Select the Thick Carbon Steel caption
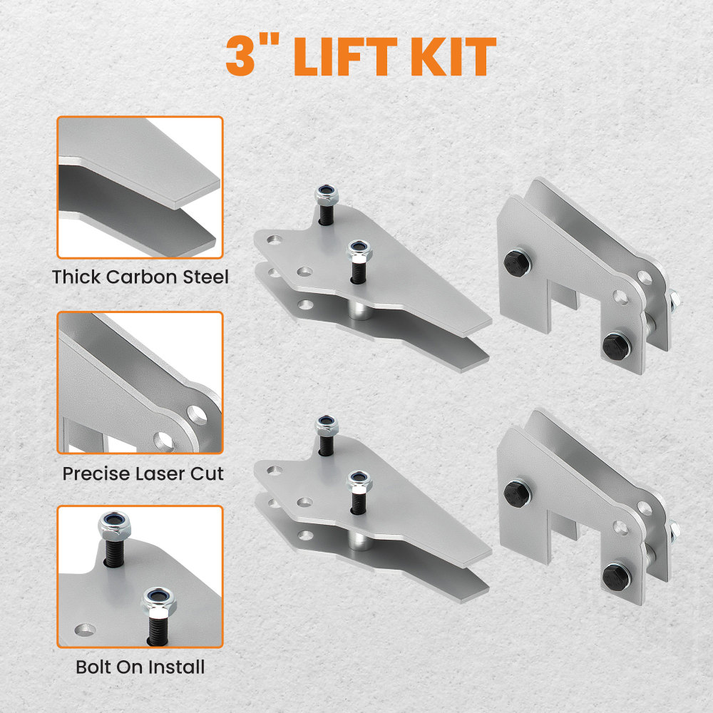point(140,277)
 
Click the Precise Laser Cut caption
point(143,473)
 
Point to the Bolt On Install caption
point(140,667)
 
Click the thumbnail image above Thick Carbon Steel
point(140,188)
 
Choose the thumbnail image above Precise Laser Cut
point(140,382)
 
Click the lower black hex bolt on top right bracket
point(616,346)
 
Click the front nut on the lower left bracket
point(359,483)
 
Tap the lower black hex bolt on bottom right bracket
point(616,575)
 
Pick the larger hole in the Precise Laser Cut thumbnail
point(197,414)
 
